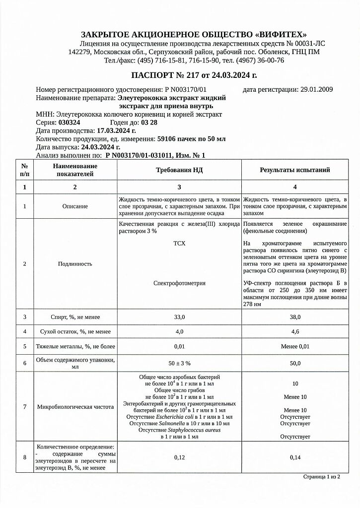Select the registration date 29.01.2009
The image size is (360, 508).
[x=317, y=90]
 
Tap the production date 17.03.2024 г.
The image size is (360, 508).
[x=116, y=130]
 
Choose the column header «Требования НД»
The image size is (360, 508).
[x=179, y=170]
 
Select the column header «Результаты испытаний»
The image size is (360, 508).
[x=295, y=170]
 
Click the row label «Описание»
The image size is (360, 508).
[x=75, y=206]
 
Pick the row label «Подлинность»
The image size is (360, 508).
[x=75, y=264]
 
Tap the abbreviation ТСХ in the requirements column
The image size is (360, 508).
[x=179, y=244]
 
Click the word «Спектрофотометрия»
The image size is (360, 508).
[x=179, y=283]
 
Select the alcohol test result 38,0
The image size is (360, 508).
[x=295, y=317]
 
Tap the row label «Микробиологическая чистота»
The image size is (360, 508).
[x=75, y=407]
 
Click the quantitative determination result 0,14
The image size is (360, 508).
[x=295, y=457]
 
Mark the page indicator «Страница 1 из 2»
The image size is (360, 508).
[x=321, y=477]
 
